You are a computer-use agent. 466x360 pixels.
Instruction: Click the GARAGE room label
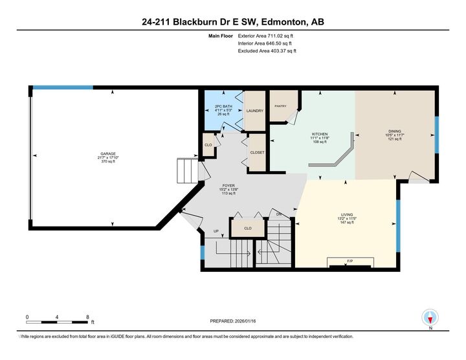107,153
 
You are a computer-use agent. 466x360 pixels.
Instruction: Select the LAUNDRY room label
254,111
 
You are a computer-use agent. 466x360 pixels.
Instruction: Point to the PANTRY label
280,106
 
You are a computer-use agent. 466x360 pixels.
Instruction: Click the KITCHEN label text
320,134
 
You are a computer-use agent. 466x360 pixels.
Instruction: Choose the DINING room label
394,130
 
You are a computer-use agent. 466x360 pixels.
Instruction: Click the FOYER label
229,185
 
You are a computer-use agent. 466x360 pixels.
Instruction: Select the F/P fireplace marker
349,261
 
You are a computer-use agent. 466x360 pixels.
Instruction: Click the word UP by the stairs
217,232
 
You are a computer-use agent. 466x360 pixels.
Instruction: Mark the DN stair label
279,214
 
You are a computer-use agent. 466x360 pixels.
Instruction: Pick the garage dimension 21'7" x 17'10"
107,157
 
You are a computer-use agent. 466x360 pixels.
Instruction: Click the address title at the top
233,21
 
